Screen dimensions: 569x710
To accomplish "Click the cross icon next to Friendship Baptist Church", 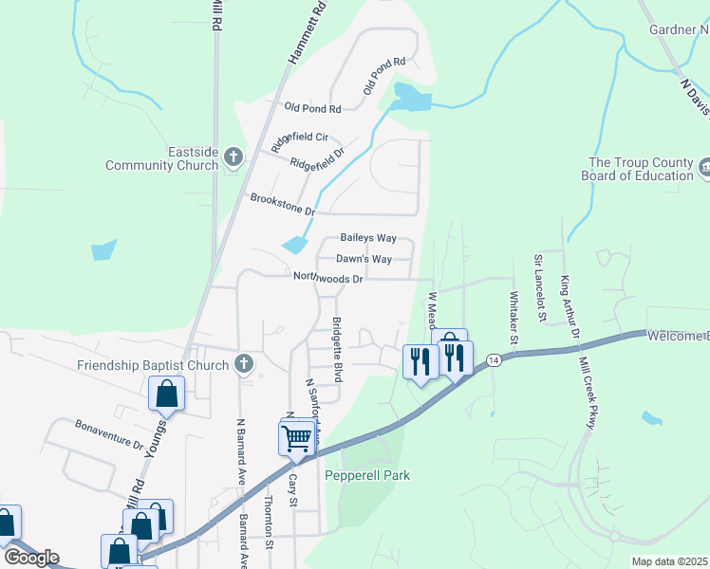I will pos(244,364).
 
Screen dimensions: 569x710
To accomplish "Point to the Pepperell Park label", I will pos(367,475).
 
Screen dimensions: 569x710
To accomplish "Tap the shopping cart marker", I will pos(296,437).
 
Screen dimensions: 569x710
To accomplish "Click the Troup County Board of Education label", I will pos(642,169).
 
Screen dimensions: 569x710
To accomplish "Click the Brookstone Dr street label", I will pos(282,203).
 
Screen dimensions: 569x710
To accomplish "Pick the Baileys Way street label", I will pos(368,238).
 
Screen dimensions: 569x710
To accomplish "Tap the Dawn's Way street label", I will pos(364,259).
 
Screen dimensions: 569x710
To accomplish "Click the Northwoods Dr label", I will pos(327,279).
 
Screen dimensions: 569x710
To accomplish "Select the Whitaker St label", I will pos(515,318).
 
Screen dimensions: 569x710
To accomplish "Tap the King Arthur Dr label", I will pos(570,305).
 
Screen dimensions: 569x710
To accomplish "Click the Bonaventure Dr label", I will pos(108,434).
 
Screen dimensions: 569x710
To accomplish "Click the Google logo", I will pos(31,557).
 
